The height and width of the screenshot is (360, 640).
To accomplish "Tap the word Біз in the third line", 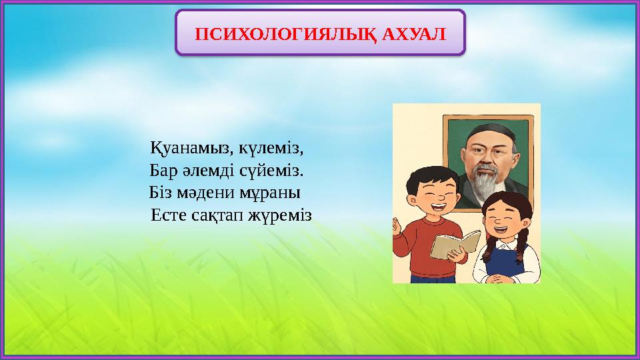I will (x=161, y=193).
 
